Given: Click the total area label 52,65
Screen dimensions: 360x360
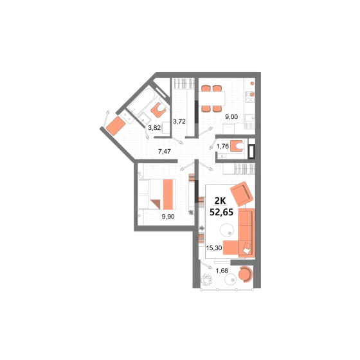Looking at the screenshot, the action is [x=221, y=212].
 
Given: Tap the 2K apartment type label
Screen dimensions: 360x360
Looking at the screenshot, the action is [x=220, y=201].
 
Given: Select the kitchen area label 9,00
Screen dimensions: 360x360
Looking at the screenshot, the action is [x=231, y=117].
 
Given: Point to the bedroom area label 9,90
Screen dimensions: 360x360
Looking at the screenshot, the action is [x=168, y=217].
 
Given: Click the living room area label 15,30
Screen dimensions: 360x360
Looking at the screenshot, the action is [x=214, y=248].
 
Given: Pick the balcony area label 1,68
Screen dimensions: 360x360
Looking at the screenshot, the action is [x=222, y=271].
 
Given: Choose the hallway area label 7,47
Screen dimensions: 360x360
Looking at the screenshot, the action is [x=165, y=152].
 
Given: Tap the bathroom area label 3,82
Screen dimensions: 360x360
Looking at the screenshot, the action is [x=154, y=128].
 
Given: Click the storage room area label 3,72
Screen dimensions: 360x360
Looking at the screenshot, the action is [x=179, y=122].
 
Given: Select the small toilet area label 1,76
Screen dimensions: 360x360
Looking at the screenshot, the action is [x=222, y=147].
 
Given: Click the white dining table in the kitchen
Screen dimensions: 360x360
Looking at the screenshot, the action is [x=212, y=98].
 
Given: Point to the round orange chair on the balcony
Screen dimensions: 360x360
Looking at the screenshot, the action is [x=246, y=274].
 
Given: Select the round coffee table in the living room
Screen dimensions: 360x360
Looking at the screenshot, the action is [x=227, y=230].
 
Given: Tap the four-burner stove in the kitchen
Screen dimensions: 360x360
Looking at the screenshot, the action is [x=250, y=97].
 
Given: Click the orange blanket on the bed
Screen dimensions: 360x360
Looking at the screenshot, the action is [x=168, y=194].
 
